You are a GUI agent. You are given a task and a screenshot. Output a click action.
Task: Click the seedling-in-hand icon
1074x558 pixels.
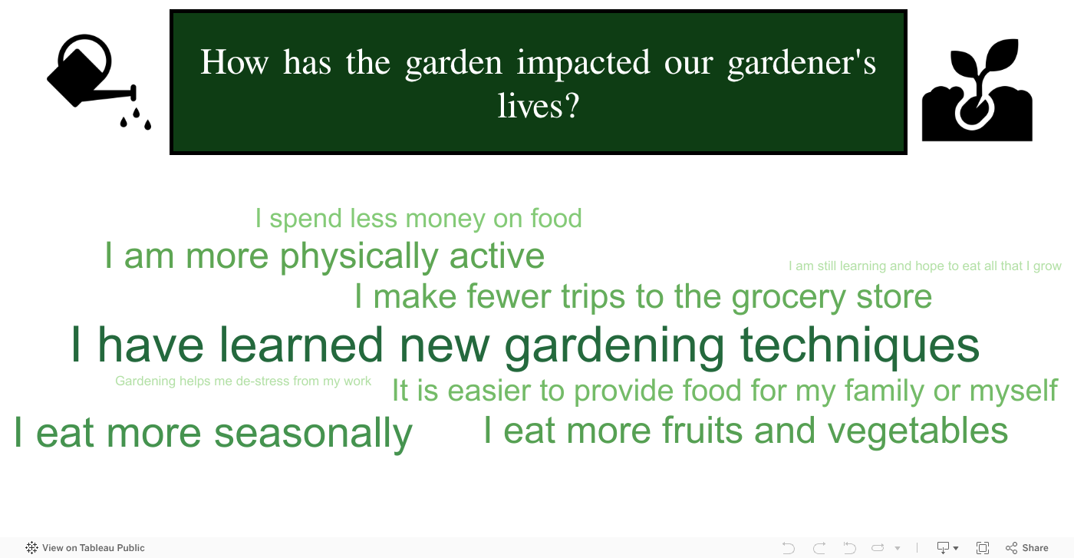coord(977,91)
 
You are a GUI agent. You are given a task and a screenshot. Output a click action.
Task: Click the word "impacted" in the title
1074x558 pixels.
coord(583,64)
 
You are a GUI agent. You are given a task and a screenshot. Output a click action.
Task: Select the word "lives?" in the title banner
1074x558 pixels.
coord(539,106)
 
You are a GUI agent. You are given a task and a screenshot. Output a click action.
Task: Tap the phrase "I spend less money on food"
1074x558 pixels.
coord(419,220)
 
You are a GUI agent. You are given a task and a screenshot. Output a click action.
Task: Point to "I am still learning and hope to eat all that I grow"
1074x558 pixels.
coord(925,266)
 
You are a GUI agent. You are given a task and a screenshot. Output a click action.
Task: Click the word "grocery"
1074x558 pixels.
coord(789,298)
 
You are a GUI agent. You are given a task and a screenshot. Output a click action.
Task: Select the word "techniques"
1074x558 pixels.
coord(860,346)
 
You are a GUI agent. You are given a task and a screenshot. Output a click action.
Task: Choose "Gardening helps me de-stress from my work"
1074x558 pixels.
coord(243,381)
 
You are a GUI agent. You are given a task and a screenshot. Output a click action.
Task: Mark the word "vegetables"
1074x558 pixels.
coord(918,431)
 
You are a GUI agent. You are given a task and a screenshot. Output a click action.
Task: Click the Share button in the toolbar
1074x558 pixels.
coord(1027,547)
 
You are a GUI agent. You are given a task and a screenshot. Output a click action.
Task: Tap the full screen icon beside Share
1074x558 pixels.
coord(983,547)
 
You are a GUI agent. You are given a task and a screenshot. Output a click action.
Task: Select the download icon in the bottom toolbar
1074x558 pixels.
coord(944,547)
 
